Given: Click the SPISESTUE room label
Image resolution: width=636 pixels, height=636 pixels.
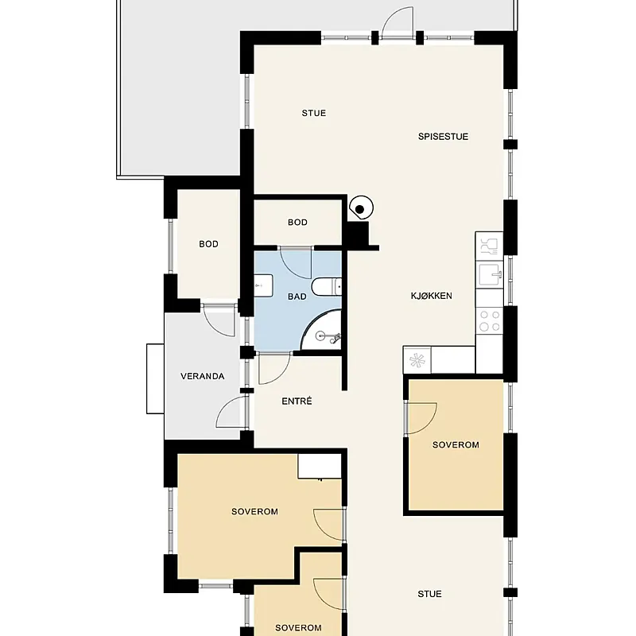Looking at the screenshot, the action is pyautogui.click(x=443, y=137).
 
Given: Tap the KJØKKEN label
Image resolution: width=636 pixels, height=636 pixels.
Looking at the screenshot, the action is pyautogui.click(x=431, y=296).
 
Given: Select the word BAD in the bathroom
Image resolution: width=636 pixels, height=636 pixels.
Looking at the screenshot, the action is pyautogui.click(x=297, y=297).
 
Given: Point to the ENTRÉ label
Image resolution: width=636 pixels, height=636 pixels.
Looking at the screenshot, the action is pyautogui.click(x=297, y=401).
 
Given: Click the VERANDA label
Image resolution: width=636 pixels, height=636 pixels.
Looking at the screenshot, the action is pyautogui.click(x=203, y=376).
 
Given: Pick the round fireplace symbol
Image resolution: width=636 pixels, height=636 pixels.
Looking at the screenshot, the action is pyautogui.click(x=361, y=208).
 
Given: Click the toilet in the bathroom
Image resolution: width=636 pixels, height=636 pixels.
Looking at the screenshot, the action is pyautogui.click(x=327, y=287).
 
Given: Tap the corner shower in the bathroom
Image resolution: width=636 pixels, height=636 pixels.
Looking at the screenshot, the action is pyautogui.click(x=321, y=330).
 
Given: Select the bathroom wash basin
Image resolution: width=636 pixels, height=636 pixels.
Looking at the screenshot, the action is pyautogui.click(x=263, y=285).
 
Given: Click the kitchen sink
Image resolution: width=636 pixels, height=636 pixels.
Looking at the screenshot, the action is pyautogui.click(x=490, y=274).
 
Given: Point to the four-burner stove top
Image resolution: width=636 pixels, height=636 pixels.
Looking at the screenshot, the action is pyautogui.click(x=490, y=321).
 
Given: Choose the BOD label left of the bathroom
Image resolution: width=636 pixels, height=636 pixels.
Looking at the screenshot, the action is pyautogui.click(x=208, y=244).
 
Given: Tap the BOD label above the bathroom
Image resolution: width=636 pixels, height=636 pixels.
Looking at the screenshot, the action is pyautogui.click(x=297, y=223).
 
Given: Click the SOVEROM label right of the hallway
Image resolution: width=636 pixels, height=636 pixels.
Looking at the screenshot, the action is pyautogui.click(x=456, y=445).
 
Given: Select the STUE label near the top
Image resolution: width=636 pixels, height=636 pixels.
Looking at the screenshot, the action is pyautogui.click(x=313, y=113).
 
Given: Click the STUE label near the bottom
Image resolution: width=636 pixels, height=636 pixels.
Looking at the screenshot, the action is pyautogui.click(x=429, y=594).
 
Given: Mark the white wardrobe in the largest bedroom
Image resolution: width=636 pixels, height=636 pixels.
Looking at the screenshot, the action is pyautogui.click(x=320, y=466).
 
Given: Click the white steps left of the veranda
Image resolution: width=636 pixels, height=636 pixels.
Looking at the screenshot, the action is pyautogui.click(x=155, y=379).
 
